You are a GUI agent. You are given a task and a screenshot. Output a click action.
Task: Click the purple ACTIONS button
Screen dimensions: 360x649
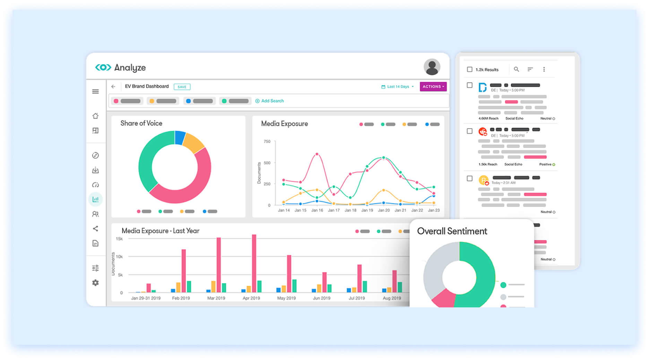433,87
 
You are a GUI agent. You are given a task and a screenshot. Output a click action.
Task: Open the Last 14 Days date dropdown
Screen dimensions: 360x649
398,87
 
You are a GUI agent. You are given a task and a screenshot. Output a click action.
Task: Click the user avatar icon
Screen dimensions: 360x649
432,67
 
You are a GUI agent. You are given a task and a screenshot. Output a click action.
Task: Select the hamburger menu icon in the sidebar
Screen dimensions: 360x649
95,92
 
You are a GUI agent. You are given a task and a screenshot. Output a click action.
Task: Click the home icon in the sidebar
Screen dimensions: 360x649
95,116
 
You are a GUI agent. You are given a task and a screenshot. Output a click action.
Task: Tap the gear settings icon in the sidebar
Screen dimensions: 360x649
95,283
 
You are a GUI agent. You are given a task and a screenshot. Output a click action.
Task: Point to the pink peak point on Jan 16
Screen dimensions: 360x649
317,154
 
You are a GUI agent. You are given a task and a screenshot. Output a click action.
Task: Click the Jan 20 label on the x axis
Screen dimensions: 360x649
383,210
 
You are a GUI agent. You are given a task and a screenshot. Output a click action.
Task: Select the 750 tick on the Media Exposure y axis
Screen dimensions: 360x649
267,142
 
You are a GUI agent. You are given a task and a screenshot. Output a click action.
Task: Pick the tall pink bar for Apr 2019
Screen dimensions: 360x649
254,264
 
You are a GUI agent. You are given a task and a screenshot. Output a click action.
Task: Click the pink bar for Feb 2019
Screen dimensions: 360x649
183,271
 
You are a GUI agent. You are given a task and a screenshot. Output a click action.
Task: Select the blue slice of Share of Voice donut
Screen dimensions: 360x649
180,137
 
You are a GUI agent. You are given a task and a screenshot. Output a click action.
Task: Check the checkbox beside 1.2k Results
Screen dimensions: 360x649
469,69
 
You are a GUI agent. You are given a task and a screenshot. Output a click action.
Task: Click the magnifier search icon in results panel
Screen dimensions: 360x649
516,69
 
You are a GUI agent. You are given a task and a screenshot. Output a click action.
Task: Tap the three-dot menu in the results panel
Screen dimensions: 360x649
544,69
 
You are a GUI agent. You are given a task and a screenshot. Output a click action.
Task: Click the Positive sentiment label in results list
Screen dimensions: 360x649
545,164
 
